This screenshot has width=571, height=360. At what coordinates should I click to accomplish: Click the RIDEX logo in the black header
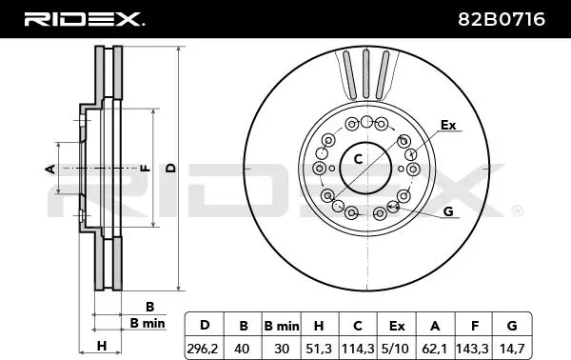(x=85, y=19)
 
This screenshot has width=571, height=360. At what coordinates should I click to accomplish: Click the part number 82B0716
(x=502, y=19)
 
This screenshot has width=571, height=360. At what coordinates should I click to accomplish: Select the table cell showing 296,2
(x=203, y=349)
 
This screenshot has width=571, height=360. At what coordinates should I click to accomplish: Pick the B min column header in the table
(x=282, y=326)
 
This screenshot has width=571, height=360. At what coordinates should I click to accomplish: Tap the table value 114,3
(x=358, y=349)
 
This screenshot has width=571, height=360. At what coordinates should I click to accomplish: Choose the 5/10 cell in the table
(x=396, y=349)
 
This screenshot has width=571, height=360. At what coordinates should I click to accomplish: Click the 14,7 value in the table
(x=512, y=349)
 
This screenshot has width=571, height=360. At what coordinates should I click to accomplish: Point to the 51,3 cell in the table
(x=319, y=349)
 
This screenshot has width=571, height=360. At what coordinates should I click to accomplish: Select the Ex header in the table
(x=397, y=326)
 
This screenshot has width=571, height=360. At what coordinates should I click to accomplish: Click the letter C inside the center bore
(x=359, y=159)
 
